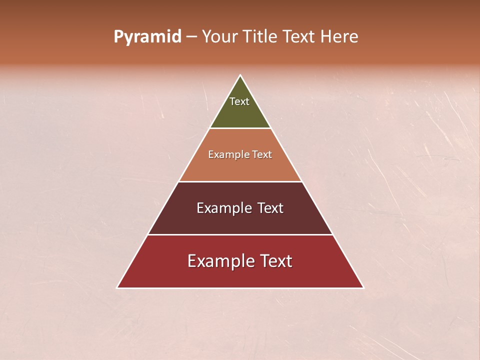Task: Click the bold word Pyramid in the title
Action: coord(147,37)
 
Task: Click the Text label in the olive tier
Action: coord(239,101)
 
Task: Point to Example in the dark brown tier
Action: coord(223,208)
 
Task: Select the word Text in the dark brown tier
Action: coord(270,208)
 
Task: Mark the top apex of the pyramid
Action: coord(240,75)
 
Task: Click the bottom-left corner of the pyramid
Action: coord(117,287)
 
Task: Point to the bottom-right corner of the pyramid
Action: coord(363,287)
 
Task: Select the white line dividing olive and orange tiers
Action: coord(240,128)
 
